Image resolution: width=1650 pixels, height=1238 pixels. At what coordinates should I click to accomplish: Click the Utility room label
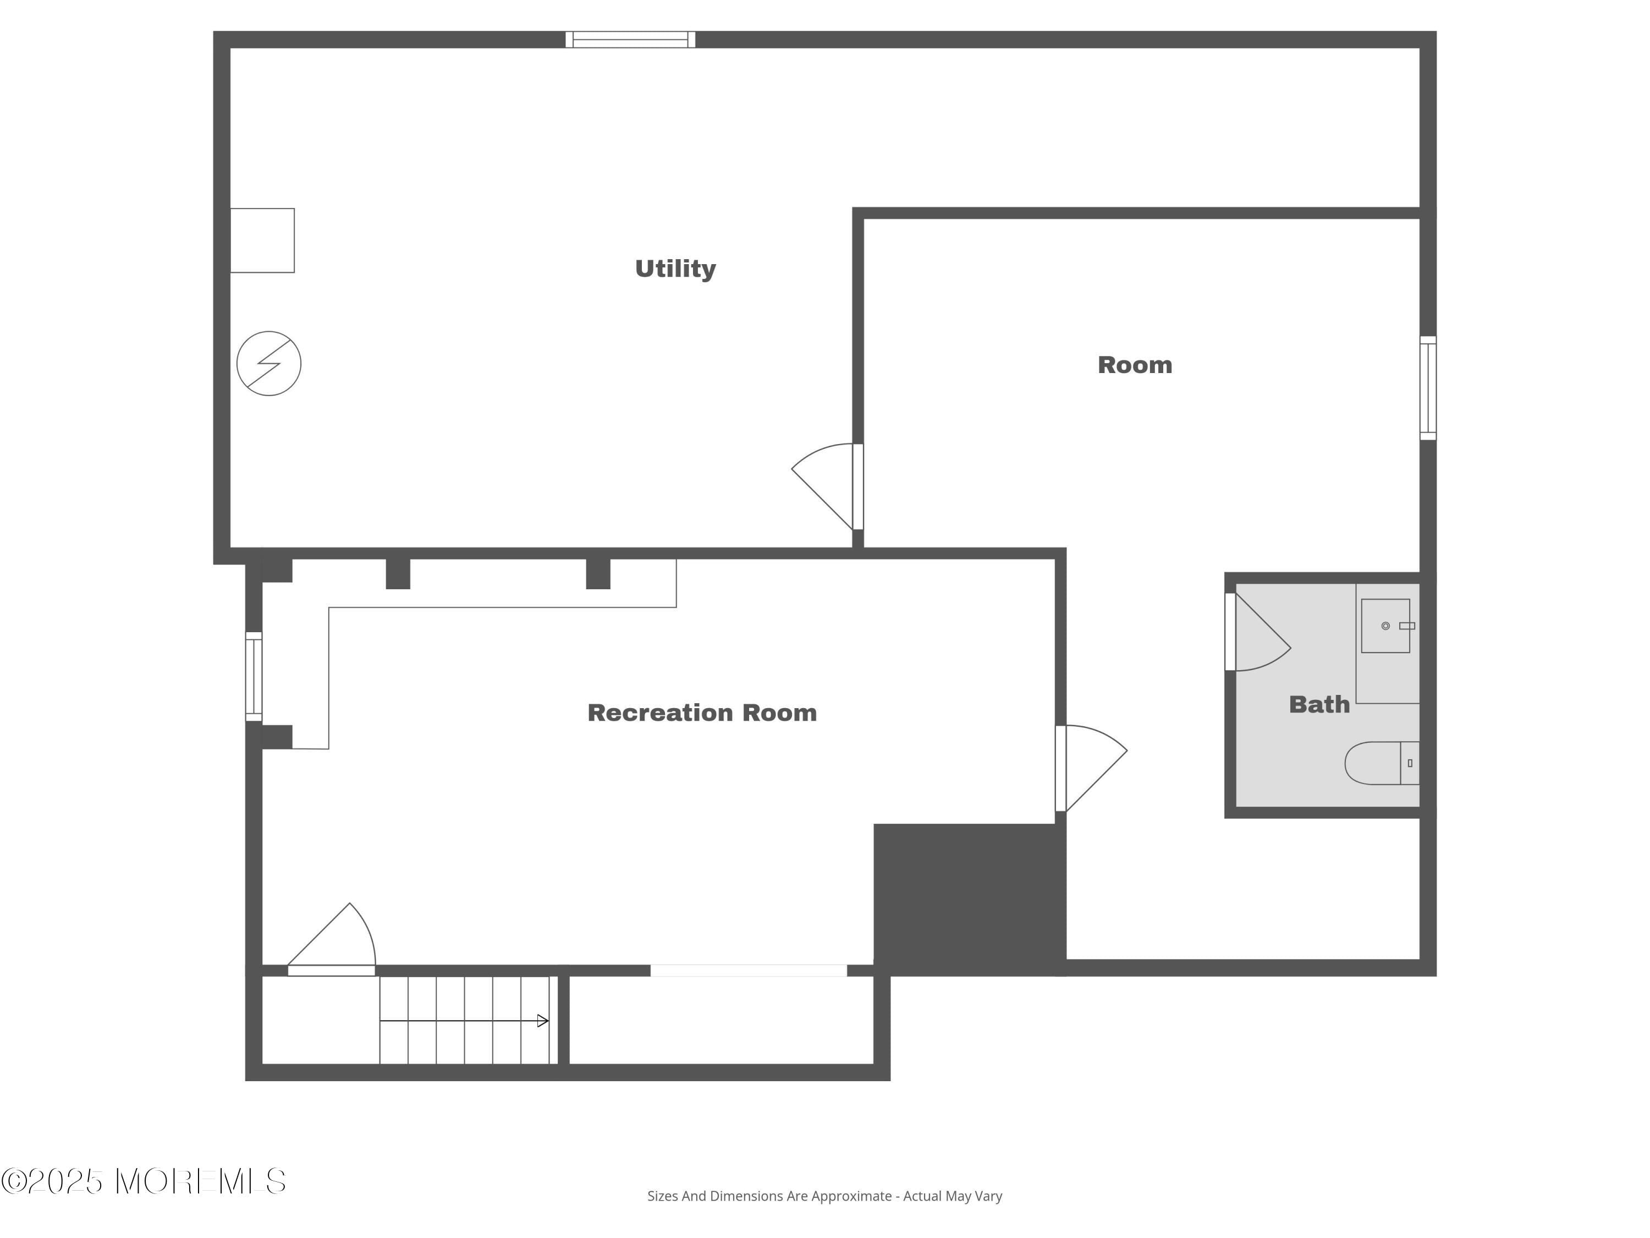tap(675, 269)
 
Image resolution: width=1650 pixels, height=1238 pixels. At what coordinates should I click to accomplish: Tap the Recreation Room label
tap(702, 713)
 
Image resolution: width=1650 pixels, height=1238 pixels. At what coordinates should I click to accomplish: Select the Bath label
tap(1319, 704)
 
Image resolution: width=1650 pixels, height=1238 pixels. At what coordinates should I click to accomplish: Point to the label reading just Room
tap(1135, 365)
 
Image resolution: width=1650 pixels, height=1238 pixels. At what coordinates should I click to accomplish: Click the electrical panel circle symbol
tap(268, 363)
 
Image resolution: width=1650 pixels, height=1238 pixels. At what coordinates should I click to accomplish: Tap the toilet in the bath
tap(1380, 763)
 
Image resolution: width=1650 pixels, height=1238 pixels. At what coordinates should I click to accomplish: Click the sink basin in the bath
tap(1385, 626)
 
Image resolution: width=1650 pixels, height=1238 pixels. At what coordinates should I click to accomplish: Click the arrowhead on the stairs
tap(543, 1021)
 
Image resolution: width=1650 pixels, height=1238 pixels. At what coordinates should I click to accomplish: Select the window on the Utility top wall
tap(630, 40)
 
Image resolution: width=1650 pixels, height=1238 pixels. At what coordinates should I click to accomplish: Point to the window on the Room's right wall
tap(1428, 388)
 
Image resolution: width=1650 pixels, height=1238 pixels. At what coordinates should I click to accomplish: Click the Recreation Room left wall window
tap(254, 677)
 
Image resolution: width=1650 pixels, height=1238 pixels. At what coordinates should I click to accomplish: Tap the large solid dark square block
tap(968, 899)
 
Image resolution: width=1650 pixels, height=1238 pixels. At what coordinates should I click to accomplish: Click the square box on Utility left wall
tap(262, 240)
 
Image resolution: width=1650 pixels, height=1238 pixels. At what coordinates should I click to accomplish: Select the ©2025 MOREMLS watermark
tap(143, 1181)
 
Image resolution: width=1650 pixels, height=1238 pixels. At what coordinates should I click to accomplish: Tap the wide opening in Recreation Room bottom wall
tap(748, 970)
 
